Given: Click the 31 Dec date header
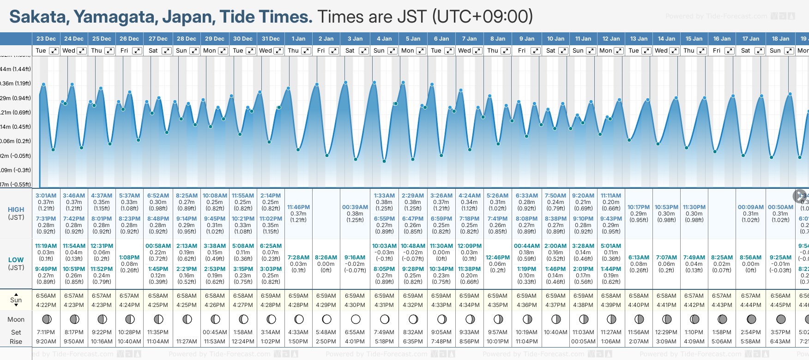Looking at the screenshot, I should tap(271, 39).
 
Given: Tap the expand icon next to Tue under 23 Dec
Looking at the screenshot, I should tap(54, 51).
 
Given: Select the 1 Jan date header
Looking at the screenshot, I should tap(298, 39).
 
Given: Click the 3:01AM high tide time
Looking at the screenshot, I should tap(46, 196).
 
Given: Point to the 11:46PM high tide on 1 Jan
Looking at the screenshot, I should tap(298, 207).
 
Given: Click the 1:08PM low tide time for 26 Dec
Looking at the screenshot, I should tap(129, 258).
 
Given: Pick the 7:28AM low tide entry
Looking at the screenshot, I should tap(298, 258).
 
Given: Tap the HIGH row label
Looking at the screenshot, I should tap(16, 210).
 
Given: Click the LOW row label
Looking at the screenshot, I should tap(16, 260).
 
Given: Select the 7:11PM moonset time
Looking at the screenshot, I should tap(46, 332).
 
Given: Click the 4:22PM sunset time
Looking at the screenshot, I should tap(46, 305).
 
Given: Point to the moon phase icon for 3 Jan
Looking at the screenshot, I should tap(356, 319).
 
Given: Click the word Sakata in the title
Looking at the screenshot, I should tap(38, 17).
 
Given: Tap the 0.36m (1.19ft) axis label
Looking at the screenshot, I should tap(16, 84).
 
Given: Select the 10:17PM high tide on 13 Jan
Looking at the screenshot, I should tap(639, 207).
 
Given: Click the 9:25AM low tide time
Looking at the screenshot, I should tap(781, 258).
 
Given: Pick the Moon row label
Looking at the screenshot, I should tap(16, 319).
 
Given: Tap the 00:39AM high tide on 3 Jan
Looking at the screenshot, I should tap(355, 207).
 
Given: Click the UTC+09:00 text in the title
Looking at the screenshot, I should tap(483, 17).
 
